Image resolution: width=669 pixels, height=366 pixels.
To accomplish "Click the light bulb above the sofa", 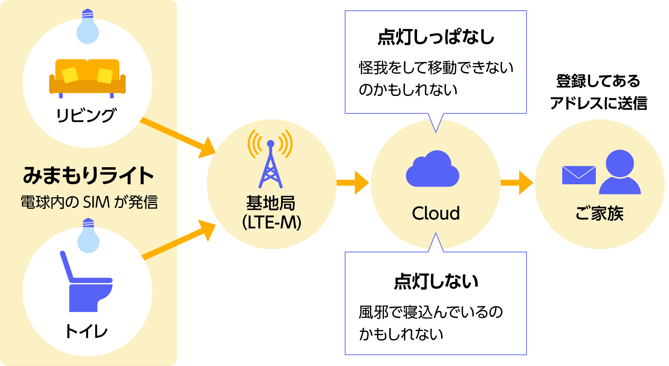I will [x=87, y=27].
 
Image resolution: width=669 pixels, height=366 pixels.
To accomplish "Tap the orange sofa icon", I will [x=87, y=77].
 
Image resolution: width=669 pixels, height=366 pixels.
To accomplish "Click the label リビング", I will [x=86, y=115].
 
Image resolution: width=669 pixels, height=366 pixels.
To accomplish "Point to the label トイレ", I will [x=86, y=331].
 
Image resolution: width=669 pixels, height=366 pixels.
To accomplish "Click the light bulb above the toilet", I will [x=88, y=237].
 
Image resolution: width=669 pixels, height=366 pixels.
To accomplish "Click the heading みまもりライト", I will [x=88, y=175].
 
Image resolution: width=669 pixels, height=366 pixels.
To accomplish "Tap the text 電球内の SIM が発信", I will [x=89, y=203].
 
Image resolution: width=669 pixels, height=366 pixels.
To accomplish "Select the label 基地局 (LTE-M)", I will [x=271, y=213].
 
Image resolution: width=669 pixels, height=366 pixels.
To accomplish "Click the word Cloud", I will [x=436, y=213].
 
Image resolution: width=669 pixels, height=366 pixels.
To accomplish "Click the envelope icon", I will [x=579, y=175].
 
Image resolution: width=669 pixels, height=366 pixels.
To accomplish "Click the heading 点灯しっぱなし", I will [x=436, y=38].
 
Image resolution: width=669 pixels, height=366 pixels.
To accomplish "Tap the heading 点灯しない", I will [x=436, y=281].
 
